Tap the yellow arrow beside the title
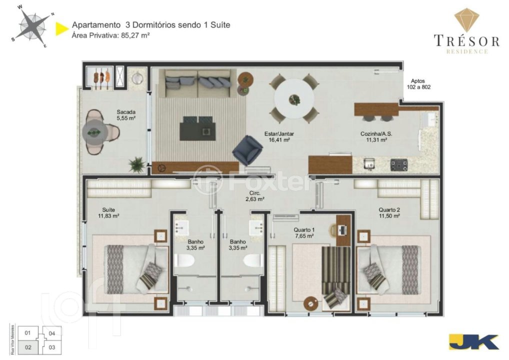click(x=61, y=28)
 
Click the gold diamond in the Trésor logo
click(x=467, y=19)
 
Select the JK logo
click(x=474, y=342)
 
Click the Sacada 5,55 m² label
click(x=126, y=115)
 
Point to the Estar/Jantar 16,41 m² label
click(x=279, y=136)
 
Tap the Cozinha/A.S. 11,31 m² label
click(x=376, y=136)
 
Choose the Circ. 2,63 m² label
click(x=255, y=196)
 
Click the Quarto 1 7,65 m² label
click(x=304, y=233)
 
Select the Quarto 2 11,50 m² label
click(x=389, y=212)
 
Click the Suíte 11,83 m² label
click(x=108, y=212)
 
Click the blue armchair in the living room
click(x=247, y=150)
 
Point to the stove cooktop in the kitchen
click(x=399, y=164)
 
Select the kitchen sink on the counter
click(x=369, y=163)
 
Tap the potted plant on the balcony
click(x=136, y=164)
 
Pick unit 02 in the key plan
click(x=28, y=347)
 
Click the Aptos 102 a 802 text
click(x=418, y=84)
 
